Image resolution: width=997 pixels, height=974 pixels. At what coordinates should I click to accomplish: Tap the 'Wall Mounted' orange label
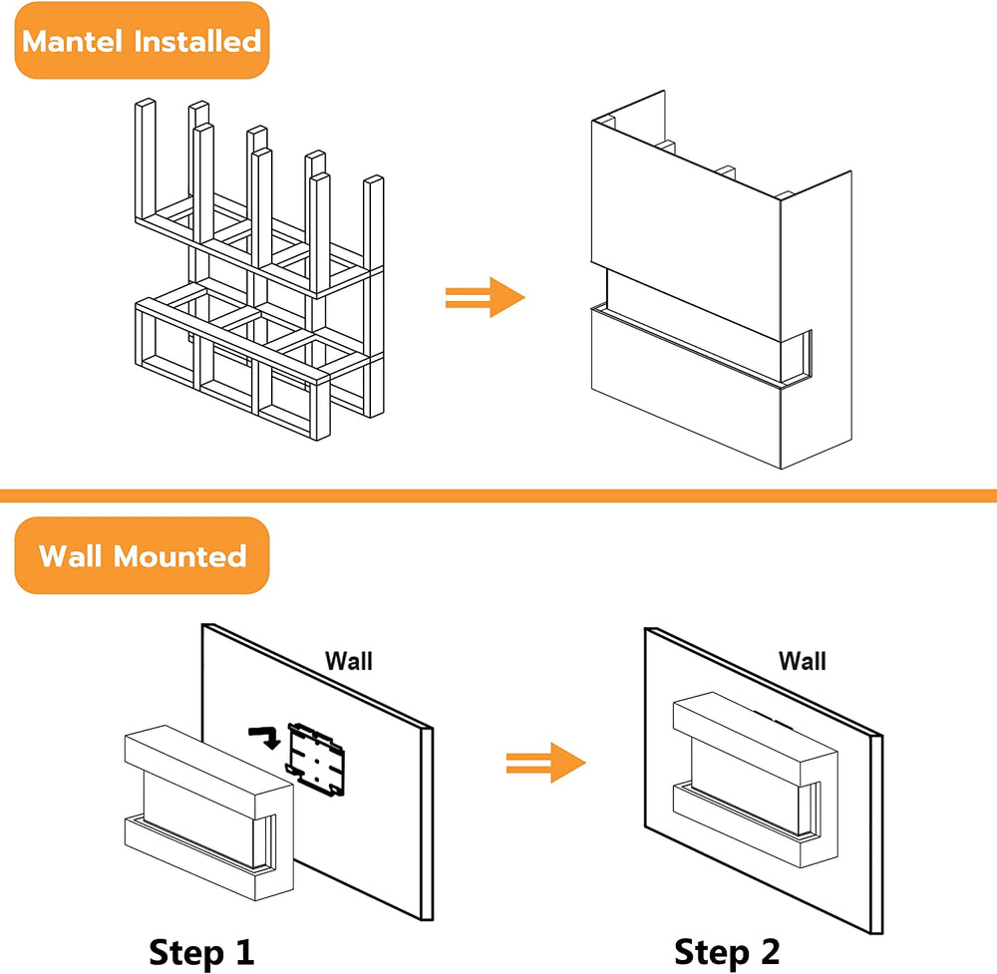tap(142, 555)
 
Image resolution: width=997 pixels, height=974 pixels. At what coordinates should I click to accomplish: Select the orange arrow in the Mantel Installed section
tap(484, 296)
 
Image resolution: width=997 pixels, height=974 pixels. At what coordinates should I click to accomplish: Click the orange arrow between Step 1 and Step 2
tap(544, 763)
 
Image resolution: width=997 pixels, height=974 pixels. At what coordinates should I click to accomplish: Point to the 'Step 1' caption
tap(201, 951)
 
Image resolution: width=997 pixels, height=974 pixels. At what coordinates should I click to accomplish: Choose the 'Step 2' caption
tap(727, 951)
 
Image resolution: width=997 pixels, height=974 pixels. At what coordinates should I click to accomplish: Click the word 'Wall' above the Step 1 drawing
tap(349, 660)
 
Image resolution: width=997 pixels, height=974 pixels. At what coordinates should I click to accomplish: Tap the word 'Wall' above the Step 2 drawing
tap(803, 660)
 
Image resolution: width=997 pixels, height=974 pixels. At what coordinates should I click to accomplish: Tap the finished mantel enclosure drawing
tap(718, 289)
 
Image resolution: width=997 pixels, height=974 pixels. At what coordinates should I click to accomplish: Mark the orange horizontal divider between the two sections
tap(498, 495)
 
